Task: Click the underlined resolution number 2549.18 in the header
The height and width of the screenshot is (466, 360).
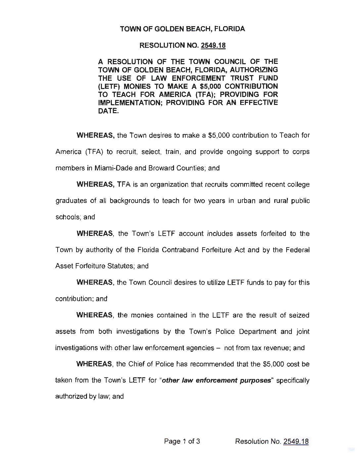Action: [213, 45]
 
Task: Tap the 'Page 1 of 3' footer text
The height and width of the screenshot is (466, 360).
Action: [182, 441]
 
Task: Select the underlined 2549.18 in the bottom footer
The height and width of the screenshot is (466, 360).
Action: [296, 441]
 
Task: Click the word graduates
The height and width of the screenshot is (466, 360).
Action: [71, 201]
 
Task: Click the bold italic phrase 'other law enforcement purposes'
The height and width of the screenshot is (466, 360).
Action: [217, 381]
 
